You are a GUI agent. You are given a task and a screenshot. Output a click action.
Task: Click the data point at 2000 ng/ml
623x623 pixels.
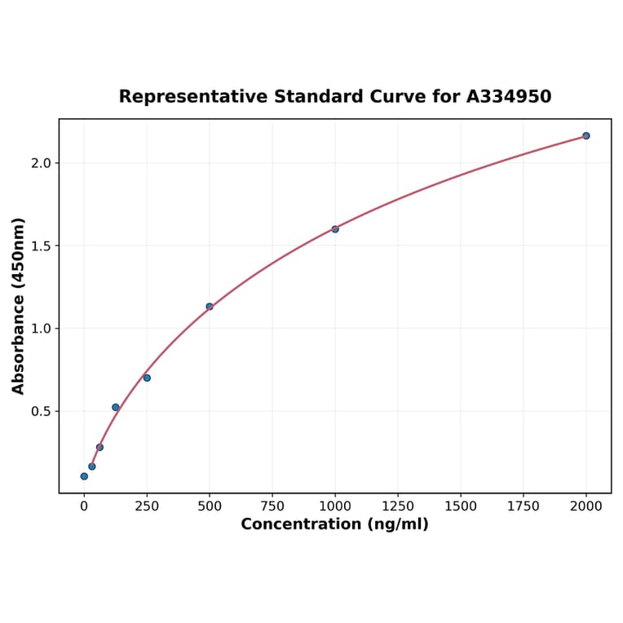pos(585,135)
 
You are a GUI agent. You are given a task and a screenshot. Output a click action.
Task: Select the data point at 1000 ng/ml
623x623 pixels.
pos(335,229)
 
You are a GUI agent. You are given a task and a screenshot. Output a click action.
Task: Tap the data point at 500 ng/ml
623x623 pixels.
pos(210,307)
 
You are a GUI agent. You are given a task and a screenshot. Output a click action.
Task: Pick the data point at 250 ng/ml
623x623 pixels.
pos(147,378)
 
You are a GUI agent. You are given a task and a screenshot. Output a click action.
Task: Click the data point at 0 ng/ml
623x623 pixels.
pos(84,476)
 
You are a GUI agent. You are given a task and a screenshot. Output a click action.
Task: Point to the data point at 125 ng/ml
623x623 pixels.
pos(116,407)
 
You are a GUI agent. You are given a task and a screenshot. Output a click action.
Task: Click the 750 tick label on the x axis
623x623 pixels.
pos(272,506)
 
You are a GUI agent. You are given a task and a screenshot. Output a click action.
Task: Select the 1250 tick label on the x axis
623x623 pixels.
pos(398,506)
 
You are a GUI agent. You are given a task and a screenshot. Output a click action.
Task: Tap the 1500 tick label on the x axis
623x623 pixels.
pos(461,506)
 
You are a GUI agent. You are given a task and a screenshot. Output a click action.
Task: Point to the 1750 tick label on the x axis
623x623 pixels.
pos(524,506)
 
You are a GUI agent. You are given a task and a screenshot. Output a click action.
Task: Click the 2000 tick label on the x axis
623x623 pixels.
pos(586,506)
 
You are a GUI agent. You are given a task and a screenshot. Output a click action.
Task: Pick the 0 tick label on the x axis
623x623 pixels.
pos(84,506)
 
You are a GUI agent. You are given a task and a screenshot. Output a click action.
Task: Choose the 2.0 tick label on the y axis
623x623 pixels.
pos(42,163)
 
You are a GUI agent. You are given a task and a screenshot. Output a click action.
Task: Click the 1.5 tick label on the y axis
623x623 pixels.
pos(42,246)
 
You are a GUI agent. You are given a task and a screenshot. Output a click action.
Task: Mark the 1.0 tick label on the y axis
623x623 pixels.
pos(42,329)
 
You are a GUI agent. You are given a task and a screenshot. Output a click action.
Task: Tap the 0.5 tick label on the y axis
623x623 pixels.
pos(42,412)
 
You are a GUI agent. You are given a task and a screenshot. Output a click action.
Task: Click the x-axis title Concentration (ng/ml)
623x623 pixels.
pos(334,524)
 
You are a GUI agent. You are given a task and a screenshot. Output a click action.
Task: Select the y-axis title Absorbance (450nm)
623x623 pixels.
pos(18,306)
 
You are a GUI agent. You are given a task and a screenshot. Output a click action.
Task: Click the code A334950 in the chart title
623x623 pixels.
pos(509,97)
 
